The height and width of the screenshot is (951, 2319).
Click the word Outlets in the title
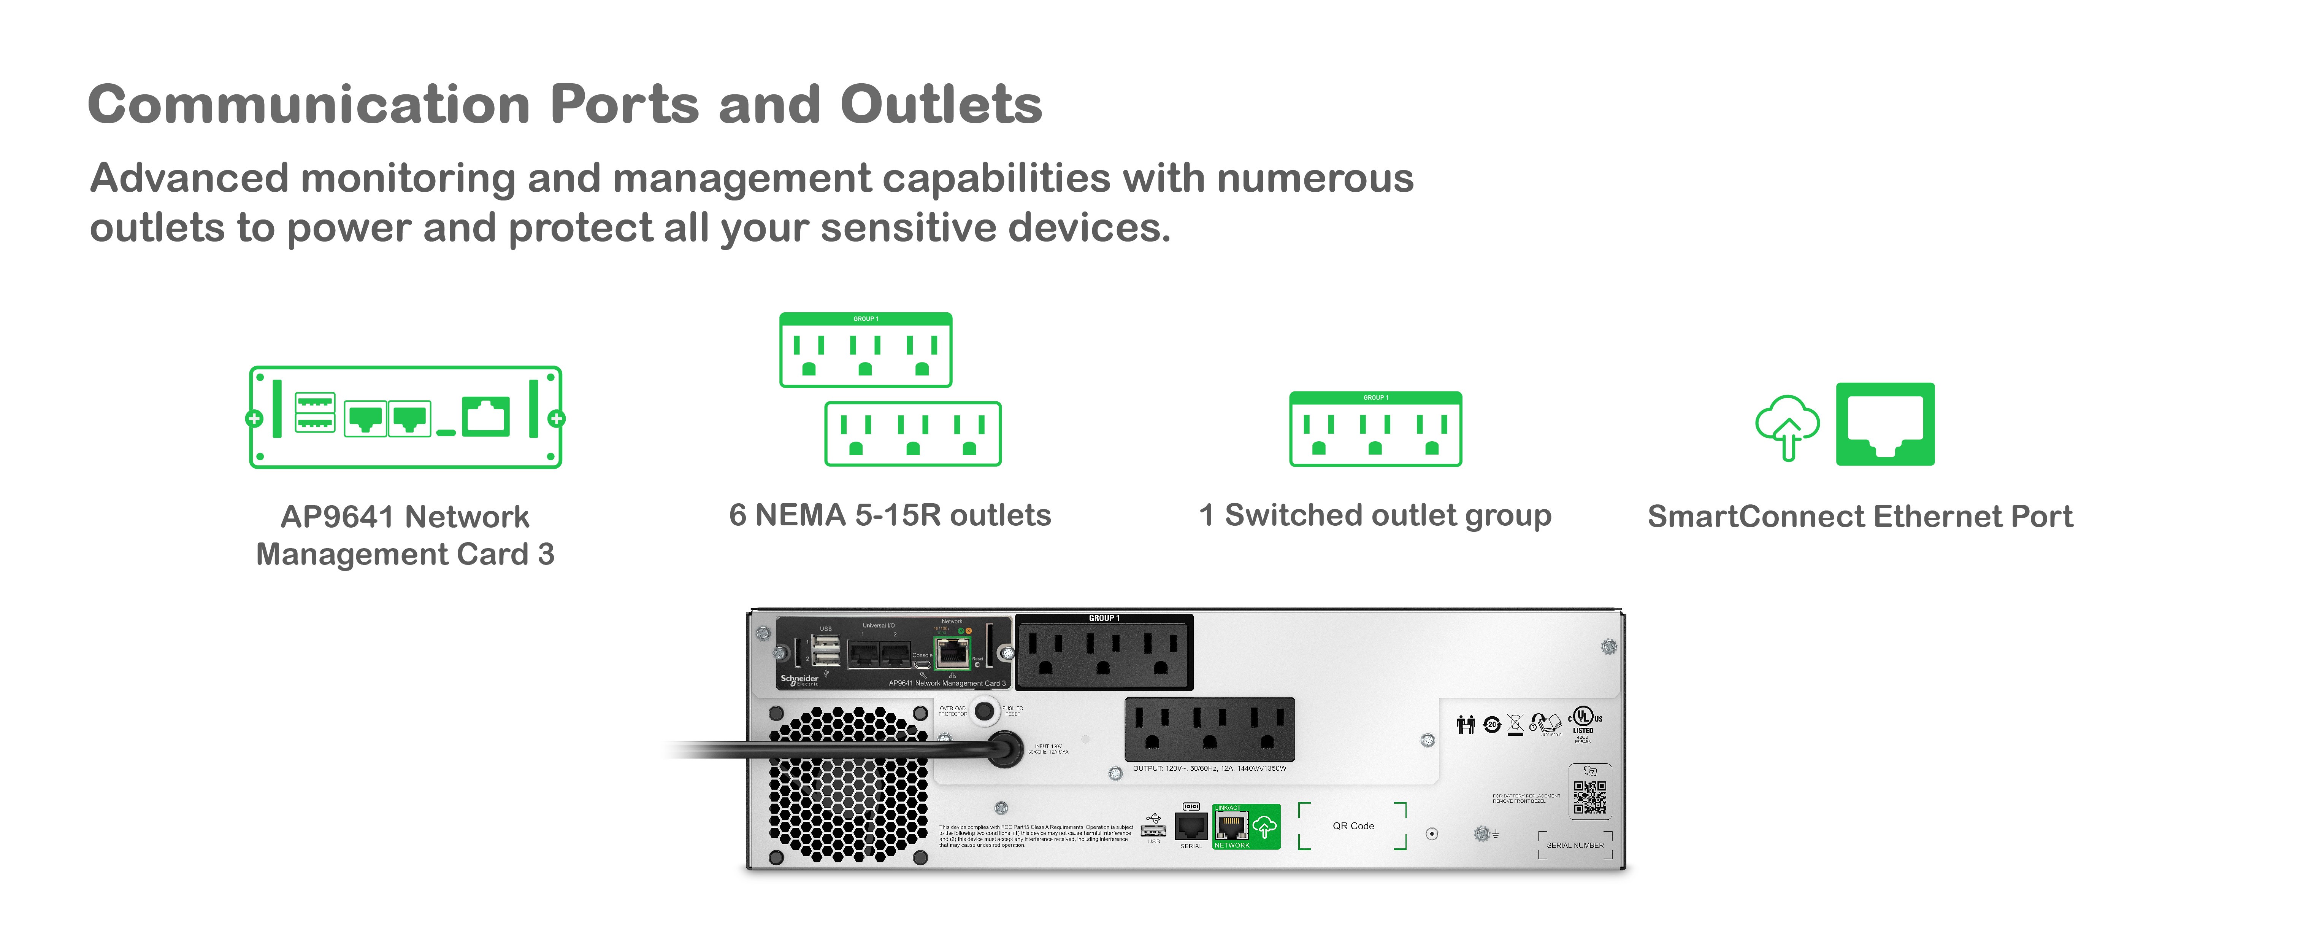[941, 105]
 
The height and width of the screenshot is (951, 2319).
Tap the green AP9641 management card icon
[405, 417]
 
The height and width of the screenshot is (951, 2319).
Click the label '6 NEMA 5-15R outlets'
[890, 515]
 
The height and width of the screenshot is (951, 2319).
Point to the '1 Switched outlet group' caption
[1375, 515]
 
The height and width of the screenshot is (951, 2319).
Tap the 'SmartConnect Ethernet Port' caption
[1860, 517]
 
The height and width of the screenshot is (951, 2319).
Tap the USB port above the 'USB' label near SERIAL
[1153, 829]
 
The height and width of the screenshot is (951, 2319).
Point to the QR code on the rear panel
[1590, 796]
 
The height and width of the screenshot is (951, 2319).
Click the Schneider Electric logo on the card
[799, 680]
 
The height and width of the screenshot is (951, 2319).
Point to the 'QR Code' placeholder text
[1353, 826]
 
